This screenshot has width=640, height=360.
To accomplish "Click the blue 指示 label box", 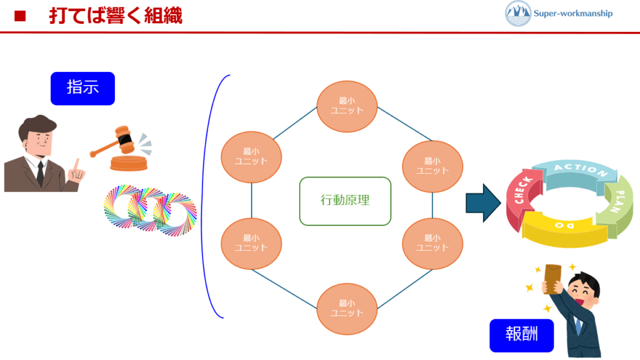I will pos(82,88).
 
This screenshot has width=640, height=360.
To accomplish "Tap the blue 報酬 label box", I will pos(521,336).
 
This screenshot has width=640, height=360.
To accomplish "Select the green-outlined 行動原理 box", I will pos(345,201).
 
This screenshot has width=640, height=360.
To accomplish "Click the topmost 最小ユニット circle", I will pos(347,106).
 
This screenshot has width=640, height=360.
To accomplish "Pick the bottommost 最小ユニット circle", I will pos(347,309).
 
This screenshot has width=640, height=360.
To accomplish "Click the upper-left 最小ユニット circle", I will pos(251,156).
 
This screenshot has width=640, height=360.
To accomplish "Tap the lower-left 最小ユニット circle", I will pos(251,242).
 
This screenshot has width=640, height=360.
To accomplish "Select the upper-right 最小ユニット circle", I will pos(432,166).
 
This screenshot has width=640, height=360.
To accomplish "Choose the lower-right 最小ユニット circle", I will pos(432,242).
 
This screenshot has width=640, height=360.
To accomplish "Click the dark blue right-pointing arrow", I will pos(483,203).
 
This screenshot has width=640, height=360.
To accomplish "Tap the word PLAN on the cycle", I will pos(622,200).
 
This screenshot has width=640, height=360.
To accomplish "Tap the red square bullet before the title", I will pos(19,16).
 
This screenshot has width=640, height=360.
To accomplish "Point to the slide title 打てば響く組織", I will pos(116,16).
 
